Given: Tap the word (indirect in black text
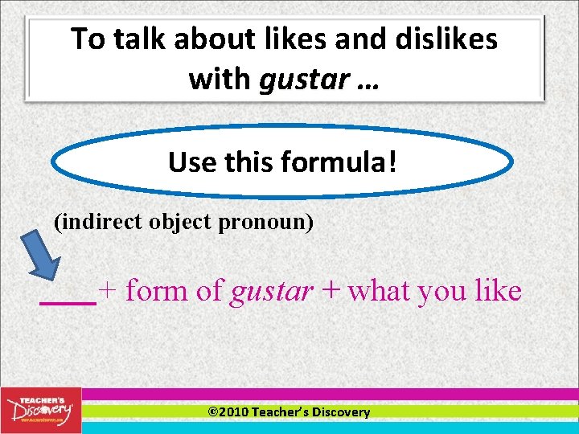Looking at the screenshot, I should (99, 222).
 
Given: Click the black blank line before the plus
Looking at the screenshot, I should (68, 303).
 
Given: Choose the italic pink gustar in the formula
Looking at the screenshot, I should (271, 292).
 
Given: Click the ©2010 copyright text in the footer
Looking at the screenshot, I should (228, 412).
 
